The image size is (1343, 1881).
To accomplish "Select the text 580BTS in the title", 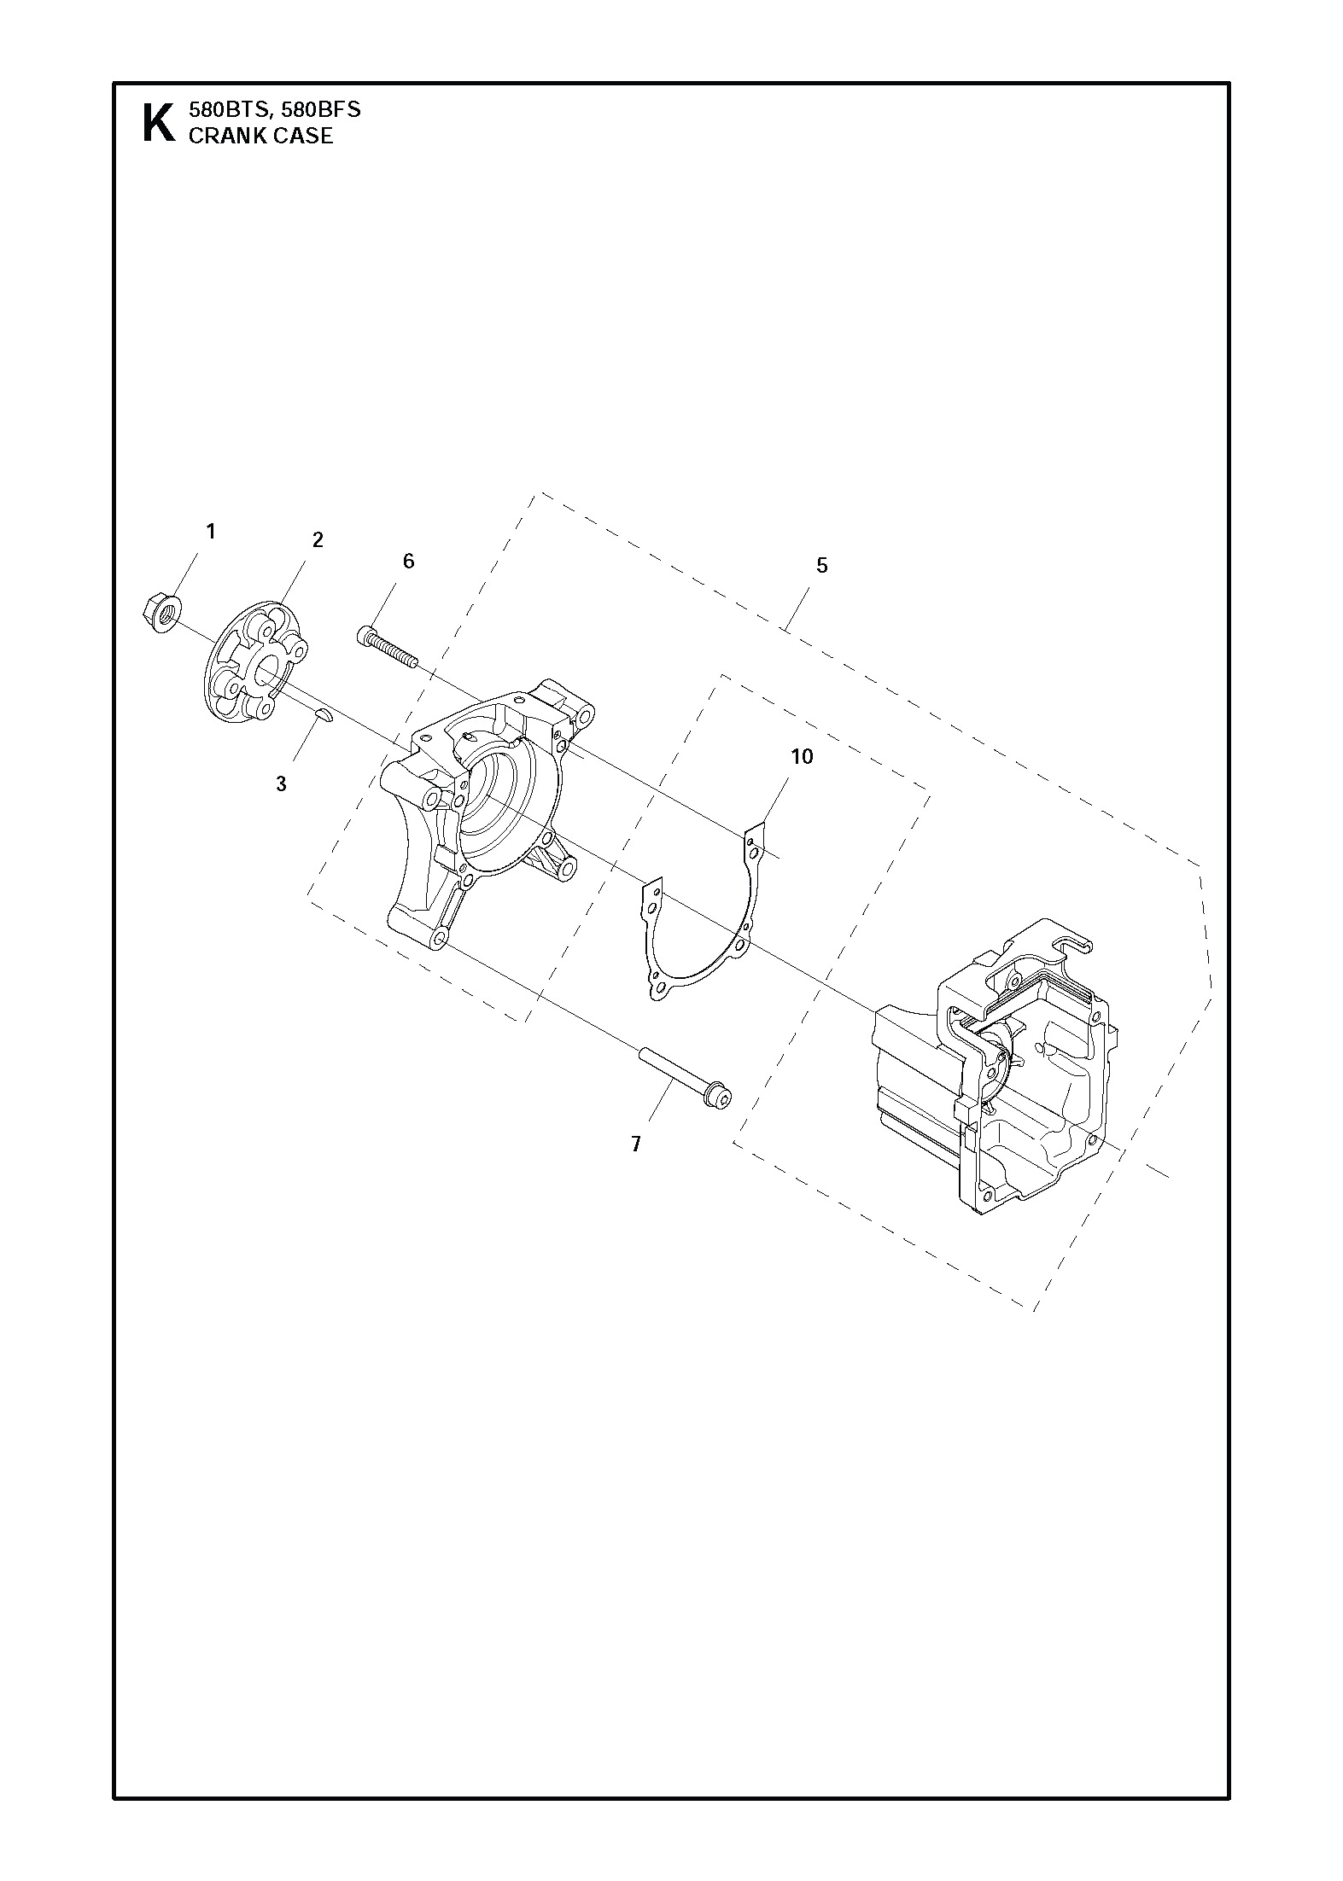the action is [x=225, y=110].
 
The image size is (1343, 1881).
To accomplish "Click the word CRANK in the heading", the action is [x=222, y=136].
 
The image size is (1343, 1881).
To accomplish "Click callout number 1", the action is [x=211, y=532].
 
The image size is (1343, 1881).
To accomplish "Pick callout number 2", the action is [x=318, y=540].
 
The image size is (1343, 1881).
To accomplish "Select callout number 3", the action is [x=281, y=783].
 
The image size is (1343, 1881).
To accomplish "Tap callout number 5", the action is [x=821, y=566].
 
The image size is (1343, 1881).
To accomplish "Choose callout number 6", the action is [x=408, y=561].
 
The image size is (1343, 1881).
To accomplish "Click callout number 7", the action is [x=635, y=1144].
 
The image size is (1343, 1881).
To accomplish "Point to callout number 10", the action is [x=802, y=756].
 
